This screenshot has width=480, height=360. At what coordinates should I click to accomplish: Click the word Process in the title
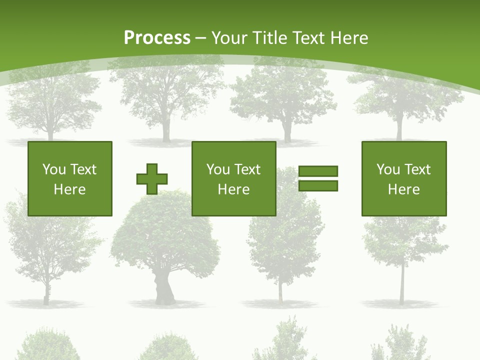point(157,38)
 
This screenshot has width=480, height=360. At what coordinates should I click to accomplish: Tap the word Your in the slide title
point(229,38)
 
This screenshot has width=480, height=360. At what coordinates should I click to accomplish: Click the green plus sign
point(152,179)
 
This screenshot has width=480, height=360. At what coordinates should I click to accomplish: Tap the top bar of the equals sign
point(318,171)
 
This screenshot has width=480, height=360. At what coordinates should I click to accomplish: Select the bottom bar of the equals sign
point(318,186)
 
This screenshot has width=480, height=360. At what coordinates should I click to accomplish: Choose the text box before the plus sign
point(70,178)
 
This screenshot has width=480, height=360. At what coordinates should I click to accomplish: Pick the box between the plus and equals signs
point(234,178)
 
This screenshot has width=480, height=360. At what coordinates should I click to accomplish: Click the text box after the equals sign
point(404,178)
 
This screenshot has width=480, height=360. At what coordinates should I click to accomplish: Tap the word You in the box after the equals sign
point(388,169)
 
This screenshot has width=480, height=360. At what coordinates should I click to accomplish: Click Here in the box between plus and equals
point(234,189)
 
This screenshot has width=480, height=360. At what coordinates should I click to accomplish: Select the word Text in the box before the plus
point(83,169)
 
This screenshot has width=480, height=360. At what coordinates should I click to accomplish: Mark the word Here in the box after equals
point(404,189)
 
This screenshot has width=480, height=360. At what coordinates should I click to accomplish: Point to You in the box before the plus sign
point(54,169)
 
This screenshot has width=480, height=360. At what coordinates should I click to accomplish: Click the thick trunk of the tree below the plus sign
point(164,290)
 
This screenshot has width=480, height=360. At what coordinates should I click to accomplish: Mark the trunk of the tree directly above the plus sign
point(166,131)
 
